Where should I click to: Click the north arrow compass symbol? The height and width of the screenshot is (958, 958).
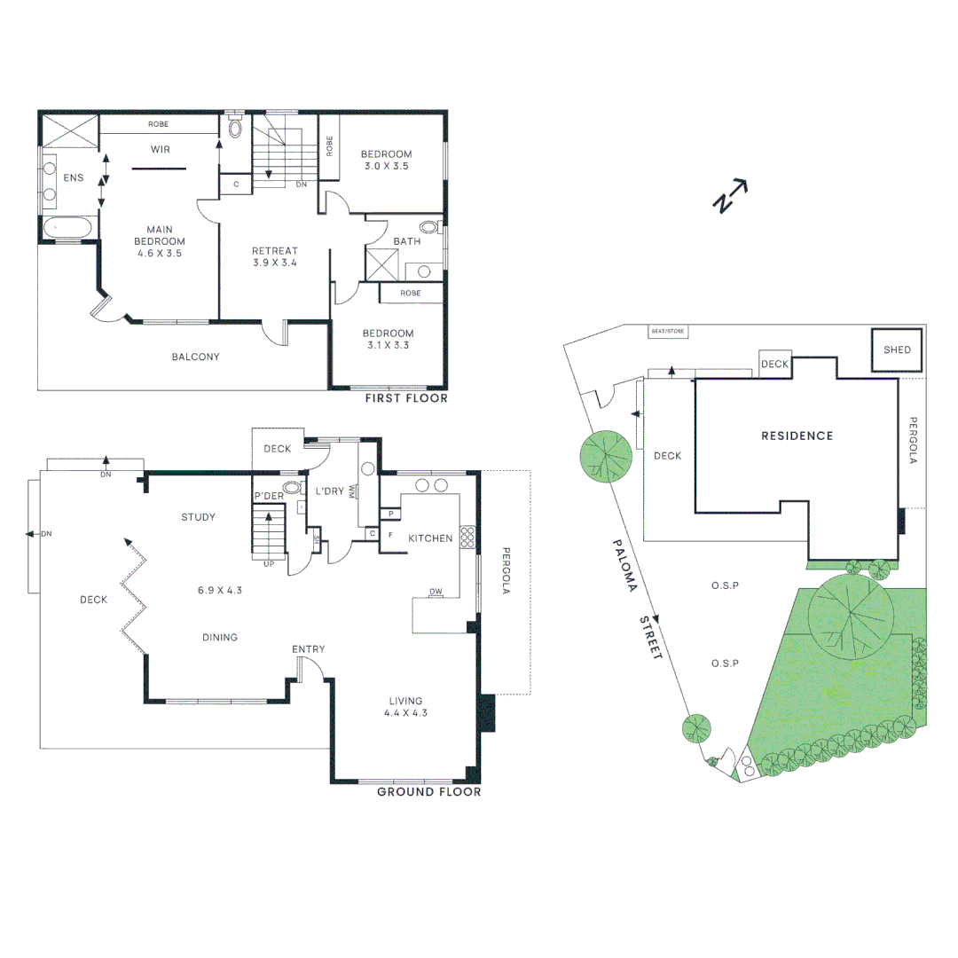coord(730,195)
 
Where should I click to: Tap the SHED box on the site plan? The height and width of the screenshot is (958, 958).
coord(896,349)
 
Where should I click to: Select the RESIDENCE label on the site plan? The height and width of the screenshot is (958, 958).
coord(797,436)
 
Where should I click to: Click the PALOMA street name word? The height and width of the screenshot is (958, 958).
coord(625,565)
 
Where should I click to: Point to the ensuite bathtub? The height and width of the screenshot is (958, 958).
coord(67,229)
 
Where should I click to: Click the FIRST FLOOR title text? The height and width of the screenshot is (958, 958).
coord(406,398)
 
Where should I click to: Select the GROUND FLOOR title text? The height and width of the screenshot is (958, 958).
coord(429,792)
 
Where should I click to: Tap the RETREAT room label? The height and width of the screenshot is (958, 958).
coord(275,250)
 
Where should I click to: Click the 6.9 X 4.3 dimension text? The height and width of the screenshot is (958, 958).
coord(220,590)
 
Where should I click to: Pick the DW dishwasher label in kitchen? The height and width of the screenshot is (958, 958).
coord(436,592)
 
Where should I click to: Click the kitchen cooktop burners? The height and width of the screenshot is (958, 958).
coord(467,537)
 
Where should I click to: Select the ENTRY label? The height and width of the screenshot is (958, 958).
coord(309,648)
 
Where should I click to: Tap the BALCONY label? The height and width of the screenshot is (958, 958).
coord(195,357)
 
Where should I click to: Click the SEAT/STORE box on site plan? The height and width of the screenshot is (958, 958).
coord(668,331)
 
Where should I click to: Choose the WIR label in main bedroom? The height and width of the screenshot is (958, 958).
coord(161,149)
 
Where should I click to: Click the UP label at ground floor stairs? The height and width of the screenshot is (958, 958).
coord(269,564)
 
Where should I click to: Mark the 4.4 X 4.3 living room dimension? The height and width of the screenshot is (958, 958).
coord(405,712)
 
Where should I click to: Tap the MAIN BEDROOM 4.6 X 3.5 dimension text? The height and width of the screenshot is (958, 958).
coord(160,253)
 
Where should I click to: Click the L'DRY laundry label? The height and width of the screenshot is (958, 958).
coord(330,491)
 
